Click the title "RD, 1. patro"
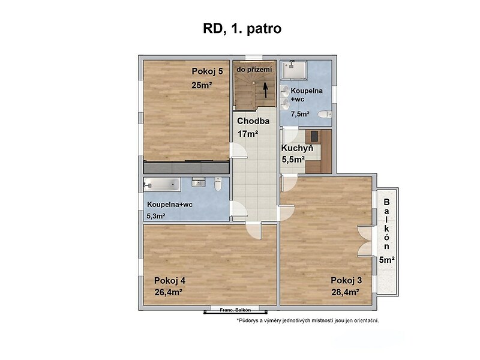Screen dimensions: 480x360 pyautogui.click(x=242, y=28)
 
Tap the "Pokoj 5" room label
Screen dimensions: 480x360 pyautogui.click(x=207, y=71)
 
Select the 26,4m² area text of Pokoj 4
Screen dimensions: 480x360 pyautogui.click(x=169, y=292)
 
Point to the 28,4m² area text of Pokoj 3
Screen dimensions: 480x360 pyautogui.click(x=346, y=292)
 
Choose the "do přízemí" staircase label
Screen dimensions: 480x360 pyautogui.click(x=254, y=70)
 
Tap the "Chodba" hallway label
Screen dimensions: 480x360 pyautogui.click(x=253, y=121)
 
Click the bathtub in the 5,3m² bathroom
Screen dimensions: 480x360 pyautogui.click(x=162, y=185)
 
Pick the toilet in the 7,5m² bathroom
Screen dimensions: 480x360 pyautogui.click(x=325, y=115)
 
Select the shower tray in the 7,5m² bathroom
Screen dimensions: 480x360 pyautogui.click(x=294, y=70)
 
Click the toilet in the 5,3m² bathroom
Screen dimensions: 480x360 pyautogui.click(x=218, y=184)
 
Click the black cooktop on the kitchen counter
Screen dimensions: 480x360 pyautogui.click(x=314, y=136)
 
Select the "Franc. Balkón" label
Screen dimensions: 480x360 pyautogui.click(x=235, y=310)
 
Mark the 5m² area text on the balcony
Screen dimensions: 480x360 pyautogui.click(x=386, y=260)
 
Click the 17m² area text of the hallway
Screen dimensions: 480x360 pyautogui.click(x=248, y=134)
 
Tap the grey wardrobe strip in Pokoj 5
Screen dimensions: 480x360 pyautogui.click(x=187, y=167)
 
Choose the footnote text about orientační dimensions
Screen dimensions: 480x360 pyautogui.click(x=308, y=321)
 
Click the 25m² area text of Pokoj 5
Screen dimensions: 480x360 pyautogui.click(x=202, y=85)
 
